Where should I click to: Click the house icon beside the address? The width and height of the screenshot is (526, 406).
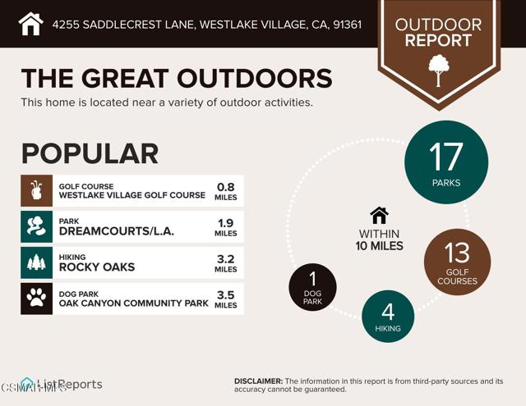click(x=30, y=24)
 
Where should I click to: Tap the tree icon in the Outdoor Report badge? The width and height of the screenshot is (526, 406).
click(x=438, y=71)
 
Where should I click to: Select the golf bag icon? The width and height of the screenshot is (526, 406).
click(x=36, y=190)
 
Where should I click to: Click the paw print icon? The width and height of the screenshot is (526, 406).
click(x=36, y=299)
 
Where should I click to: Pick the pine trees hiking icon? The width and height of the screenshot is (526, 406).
click(x=36, y=262)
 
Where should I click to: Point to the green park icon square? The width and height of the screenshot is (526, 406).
click(x=36, y=226)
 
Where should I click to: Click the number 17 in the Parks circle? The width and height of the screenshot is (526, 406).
click(x=446, y=156)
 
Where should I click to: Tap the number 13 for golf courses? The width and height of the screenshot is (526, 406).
click(x=457, y=253)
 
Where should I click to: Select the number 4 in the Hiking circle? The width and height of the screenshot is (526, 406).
click(x=388, y=312)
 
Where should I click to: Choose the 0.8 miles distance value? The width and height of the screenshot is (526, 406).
click(x=225, y=186)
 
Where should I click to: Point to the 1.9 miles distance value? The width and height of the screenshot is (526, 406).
click(x=225, y=222)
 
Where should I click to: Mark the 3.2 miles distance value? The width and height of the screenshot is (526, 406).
click(x=225, y=258)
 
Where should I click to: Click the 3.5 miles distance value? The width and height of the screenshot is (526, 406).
click(x=225, y=294)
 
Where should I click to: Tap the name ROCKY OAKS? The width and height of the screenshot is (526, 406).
click(x=97, y=267)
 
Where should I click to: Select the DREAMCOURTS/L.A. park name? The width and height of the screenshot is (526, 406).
click(x=117, y=231)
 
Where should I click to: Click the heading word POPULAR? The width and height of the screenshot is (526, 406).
click(x=90, y=153)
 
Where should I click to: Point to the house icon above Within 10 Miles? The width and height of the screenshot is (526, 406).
click(x=379, y=215)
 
